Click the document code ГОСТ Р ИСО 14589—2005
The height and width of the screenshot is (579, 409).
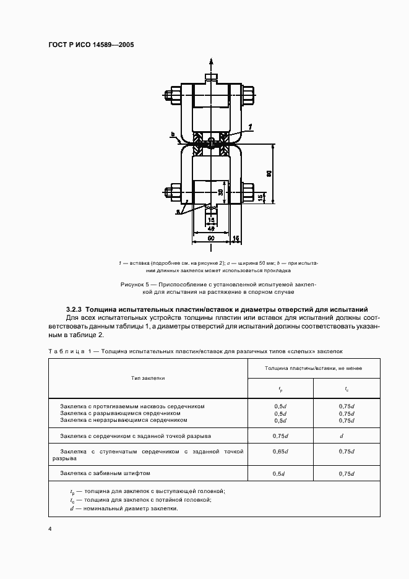tap(91, 45)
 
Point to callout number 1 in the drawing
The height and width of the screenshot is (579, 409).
tap(251, 126)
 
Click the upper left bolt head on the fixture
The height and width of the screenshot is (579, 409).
tap(171, 95)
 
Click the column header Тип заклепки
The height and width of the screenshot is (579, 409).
tap(148, 377)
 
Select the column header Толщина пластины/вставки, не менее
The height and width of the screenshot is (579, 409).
tap(314, 368)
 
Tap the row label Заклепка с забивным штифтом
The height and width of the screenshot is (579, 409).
tap(105, 473)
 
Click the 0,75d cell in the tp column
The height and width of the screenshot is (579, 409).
tap(280, 435)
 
